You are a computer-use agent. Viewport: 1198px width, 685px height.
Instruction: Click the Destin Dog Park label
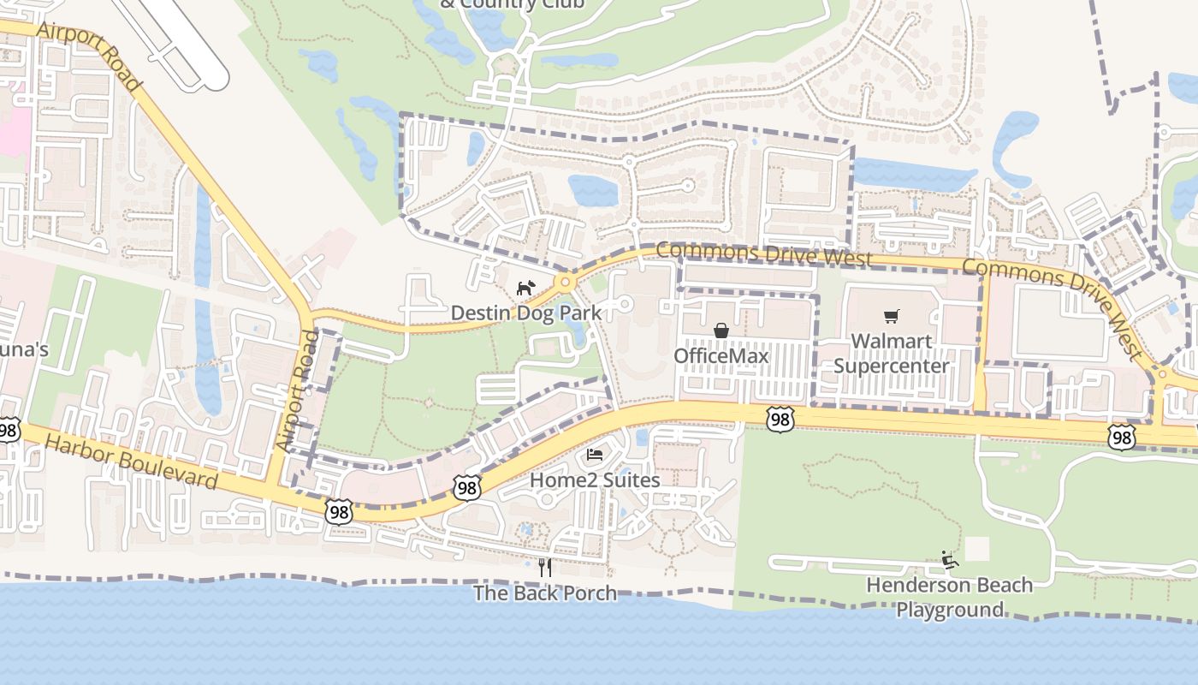(x=526, y=313)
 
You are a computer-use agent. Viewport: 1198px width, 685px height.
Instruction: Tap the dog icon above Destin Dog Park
(x=525, y=288)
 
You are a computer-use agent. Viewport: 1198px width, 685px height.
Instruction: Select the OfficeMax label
(x=721, y=355)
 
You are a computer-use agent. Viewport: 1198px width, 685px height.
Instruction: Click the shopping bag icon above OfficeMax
(x=721, y=331)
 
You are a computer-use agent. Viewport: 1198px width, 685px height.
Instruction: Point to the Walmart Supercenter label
(x=891, y=354)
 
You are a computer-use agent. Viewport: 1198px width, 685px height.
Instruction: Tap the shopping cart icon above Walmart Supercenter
(x=892, y=317)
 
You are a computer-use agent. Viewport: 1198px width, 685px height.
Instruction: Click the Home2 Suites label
(x=595, y=479)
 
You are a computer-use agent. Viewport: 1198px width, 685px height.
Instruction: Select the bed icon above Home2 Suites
(x=596, y=454)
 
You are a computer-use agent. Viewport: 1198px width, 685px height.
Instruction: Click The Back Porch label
(x=545, y=593)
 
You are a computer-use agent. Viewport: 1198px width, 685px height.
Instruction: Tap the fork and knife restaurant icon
(x=544, y=567)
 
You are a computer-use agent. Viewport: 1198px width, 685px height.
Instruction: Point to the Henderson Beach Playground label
(x=949, y=598)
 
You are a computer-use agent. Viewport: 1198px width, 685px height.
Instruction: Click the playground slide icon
(x=949, y=559)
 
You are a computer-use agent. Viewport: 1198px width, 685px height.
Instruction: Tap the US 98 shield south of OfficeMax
(x=780, y=420)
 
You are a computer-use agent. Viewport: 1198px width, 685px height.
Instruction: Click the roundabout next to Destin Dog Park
(x=565, y=282)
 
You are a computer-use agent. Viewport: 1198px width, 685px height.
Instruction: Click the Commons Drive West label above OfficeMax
(x=764, y=254)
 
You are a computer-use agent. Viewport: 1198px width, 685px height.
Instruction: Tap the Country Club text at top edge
(x=512, y=4)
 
